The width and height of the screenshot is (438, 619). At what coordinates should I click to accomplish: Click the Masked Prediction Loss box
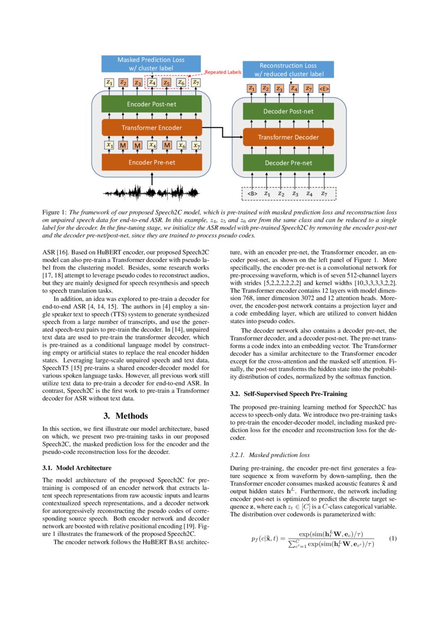pos(151,64)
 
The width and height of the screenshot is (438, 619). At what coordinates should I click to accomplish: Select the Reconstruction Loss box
pos(288,69)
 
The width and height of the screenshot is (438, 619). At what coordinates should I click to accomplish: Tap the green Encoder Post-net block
pos(151,104)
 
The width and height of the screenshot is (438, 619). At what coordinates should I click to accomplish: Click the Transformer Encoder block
pos(151,128)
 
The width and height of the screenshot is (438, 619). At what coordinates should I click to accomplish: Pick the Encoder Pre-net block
pos(151,162)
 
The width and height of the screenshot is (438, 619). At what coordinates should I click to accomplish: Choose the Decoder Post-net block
pos(288,111)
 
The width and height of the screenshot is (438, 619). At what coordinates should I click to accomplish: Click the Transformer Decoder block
pos(288,137)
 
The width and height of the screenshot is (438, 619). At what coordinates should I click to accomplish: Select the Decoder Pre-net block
pos(288,163)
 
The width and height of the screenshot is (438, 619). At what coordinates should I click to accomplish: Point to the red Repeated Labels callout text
pos(223,72)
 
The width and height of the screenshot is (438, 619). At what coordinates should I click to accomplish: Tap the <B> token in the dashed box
pos(252,194)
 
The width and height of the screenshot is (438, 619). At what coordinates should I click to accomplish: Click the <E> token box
pos(324,88)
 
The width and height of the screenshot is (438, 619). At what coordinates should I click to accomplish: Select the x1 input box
pos(110,145)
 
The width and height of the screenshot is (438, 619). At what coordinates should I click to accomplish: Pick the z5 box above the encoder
pos(166,83)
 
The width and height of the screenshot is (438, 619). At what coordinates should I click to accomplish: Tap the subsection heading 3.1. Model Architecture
pos(77,468)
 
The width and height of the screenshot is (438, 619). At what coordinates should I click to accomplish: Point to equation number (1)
pos(393,539)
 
